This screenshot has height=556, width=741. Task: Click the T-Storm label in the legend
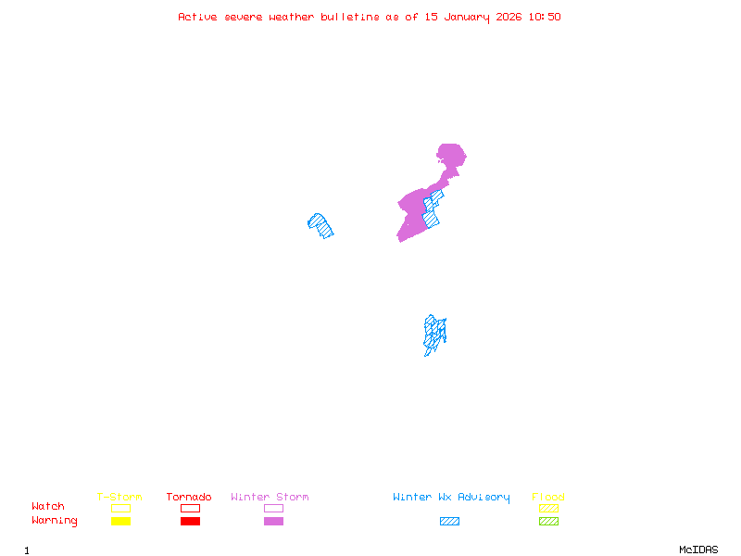coord(119,498)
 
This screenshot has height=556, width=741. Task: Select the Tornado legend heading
coord(189,498)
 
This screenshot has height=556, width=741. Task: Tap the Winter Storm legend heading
coord(270,498)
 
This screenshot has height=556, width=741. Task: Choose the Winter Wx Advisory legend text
coord(451,498)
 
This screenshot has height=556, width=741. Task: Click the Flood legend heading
coord(548,498)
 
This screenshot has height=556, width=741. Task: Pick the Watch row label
coord(48,507)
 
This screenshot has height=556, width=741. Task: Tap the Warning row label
coord(55,521)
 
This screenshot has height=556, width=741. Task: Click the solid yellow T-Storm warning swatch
coord(120,522)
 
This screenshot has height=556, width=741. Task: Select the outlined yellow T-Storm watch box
coord(120,508)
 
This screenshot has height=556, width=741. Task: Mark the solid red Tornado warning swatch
coord(190,522)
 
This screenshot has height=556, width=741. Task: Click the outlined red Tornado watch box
coord(190,508)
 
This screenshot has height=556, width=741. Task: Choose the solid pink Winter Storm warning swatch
coord(273,522)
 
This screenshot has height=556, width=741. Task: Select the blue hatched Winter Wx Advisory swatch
coord(449,522)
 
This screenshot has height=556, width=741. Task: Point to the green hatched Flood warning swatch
coord(548,522)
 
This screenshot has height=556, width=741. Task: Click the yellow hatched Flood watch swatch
coord(548,508)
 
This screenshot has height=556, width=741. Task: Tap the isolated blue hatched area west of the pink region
coord(320,225)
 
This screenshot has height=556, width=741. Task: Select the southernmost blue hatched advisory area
coord(433,333)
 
